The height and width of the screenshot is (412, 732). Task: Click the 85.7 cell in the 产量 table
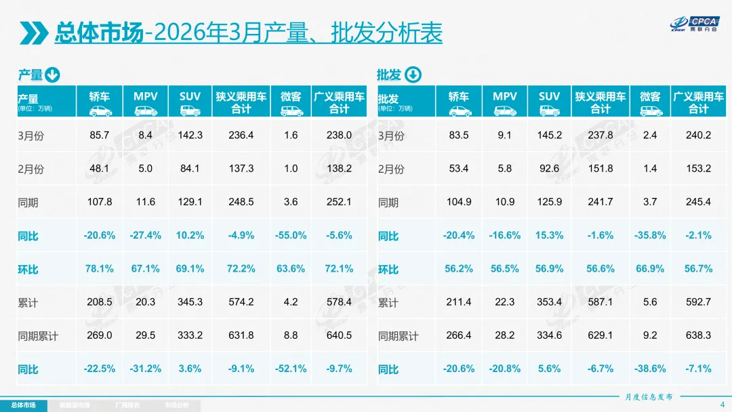(100, 136)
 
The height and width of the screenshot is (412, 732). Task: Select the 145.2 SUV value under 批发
(550, 136)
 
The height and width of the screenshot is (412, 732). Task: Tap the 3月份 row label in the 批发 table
(391, 136)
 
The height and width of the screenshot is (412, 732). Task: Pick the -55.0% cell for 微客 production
(291, 236)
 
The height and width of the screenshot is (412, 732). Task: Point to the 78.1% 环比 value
(100, 269)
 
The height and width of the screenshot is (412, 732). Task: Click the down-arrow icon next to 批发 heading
(413, 75)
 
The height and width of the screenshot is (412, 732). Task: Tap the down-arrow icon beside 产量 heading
(53, 75)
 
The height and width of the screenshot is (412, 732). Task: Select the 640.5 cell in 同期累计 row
(339, 335)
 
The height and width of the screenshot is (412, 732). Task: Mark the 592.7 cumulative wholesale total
(699, 302)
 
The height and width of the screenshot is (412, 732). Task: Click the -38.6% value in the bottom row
(650, 369)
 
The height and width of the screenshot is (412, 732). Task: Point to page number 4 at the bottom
(722, 405)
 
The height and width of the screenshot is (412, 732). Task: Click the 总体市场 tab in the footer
(24, 405)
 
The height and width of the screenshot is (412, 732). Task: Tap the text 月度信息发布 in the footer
(649, 397)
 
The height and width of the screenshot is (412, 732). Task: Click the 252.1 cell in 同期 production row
(339, 203)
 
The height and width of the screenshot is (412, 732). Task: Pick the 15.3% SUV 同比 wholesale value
(550, 236)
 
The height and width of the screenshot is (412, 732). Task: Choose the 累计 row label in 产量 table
(28, 303)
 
